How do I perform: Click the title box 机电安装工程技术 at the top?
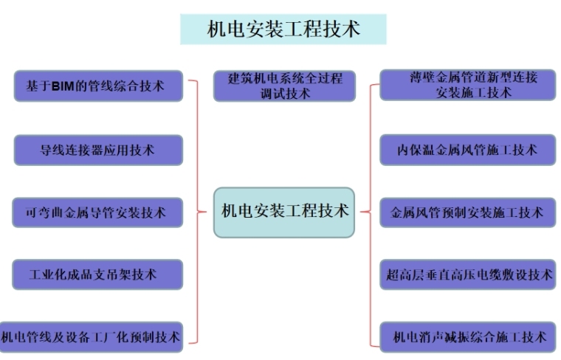coord(283,30)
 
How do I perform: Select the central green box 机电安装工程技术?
coord(284,212)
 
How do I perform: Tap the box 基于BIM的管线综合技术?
coord(98,86)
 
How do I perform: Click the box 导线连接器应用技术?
coord(98,150)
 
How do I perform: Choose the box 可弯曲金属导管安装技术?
coord(98,212)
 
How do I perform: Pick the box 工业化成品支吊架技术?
coord(98,274)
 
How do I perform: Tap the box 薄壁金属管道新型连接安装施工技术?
coord(467,85)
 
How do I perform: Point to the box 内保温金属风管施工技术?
coord(467,150)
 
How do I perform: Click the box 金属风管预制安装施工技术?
coord(467,212)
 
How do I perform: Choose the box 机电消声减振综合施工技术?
coord(467,337)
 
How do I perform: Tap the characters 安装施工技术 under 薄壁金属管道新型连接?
coord(473,94)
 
